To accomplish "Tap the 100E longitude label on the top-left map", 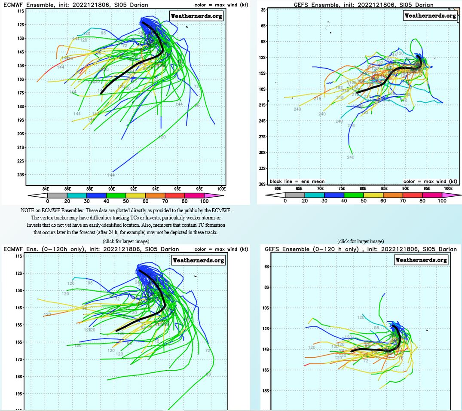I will [x=221, y=188].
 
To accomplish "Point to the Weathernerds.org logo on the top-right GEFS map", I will [x=430, y=15].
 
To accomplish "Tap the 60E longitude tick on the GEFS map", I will [x=278, y=188].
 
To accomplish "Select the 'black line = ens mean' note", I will [x=297, y=181].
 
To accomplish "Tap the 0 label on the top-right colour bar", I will [x=285, y=201].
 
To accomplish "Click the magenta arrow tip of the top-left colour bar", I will [x=220, y=195].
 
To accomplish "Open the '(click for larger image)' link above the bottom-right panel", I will [x=361, y=241].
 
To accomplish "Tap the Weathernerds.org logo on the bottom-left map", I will [x=198, y=260].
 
